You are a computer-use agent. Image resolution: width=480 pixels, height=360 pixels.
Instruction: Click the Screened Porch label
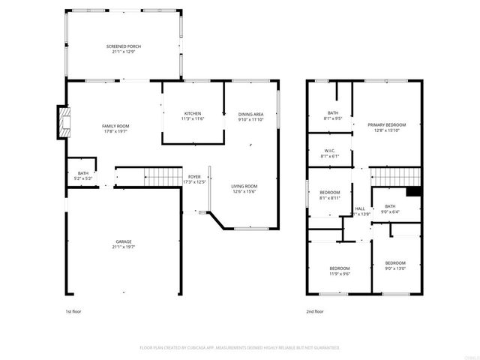tap(123, 49)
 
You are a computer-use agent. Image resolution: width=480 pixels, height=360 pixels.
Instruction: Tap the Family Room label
tap(116, 128)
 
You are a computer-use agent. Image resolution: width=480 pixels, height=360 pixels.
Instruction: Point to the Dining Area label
tap(251, 116)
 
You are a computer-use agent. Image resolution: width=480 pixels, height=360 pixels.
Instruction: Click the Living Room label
tap(244, 189)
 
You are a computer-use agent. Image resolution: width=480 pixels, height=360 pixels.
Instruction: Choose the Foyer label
tap(194, 179)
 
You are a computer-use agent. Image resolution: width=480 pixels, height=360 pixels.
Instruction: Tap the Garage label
tap(123, 244)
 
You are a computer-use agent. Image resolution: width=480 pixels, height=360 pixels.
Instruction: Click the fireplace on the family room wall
tap(61, 123)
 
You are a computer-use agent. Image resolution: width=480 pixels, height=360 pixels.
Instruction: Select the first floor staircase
tap(158, 177)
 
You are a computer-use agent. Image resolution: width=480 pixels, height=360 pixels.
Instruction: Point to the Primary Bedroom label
tap(386, 127)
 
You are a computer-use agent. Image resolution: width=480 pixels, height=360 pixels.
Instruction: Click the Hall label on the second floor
tap(360, 211)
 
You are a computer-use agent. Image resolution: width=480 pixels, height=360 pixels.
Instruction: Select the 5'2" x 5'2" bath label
tap(82, 176)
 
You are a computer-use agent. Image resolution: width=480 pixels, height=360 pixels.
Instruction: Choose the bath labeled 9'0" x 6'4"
tap(390, 209)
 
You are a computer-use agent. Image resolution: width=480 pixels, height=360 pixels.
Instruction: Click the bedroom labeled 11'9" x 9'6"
tap(340, 271)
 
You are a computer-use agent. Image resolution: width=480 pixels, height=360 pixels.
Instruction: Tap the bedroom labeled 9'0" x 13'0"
tap(395, 265)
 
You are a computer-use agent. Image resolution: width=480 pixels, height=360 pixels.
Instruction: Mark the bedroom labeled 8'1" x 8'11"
tap(330, 195)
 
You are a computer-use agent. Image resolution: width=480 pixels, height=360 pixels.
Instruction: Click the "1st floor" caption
tap(73, 310)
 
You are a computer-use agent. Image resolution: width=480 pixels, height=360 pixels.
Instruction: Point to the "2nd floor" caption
tap(314, 310)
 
